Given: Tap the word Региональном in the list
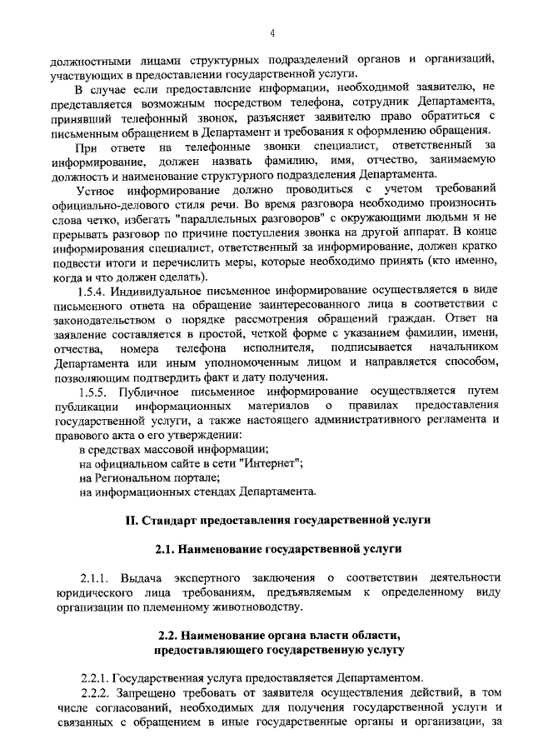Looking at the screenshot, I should [129, 477].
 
